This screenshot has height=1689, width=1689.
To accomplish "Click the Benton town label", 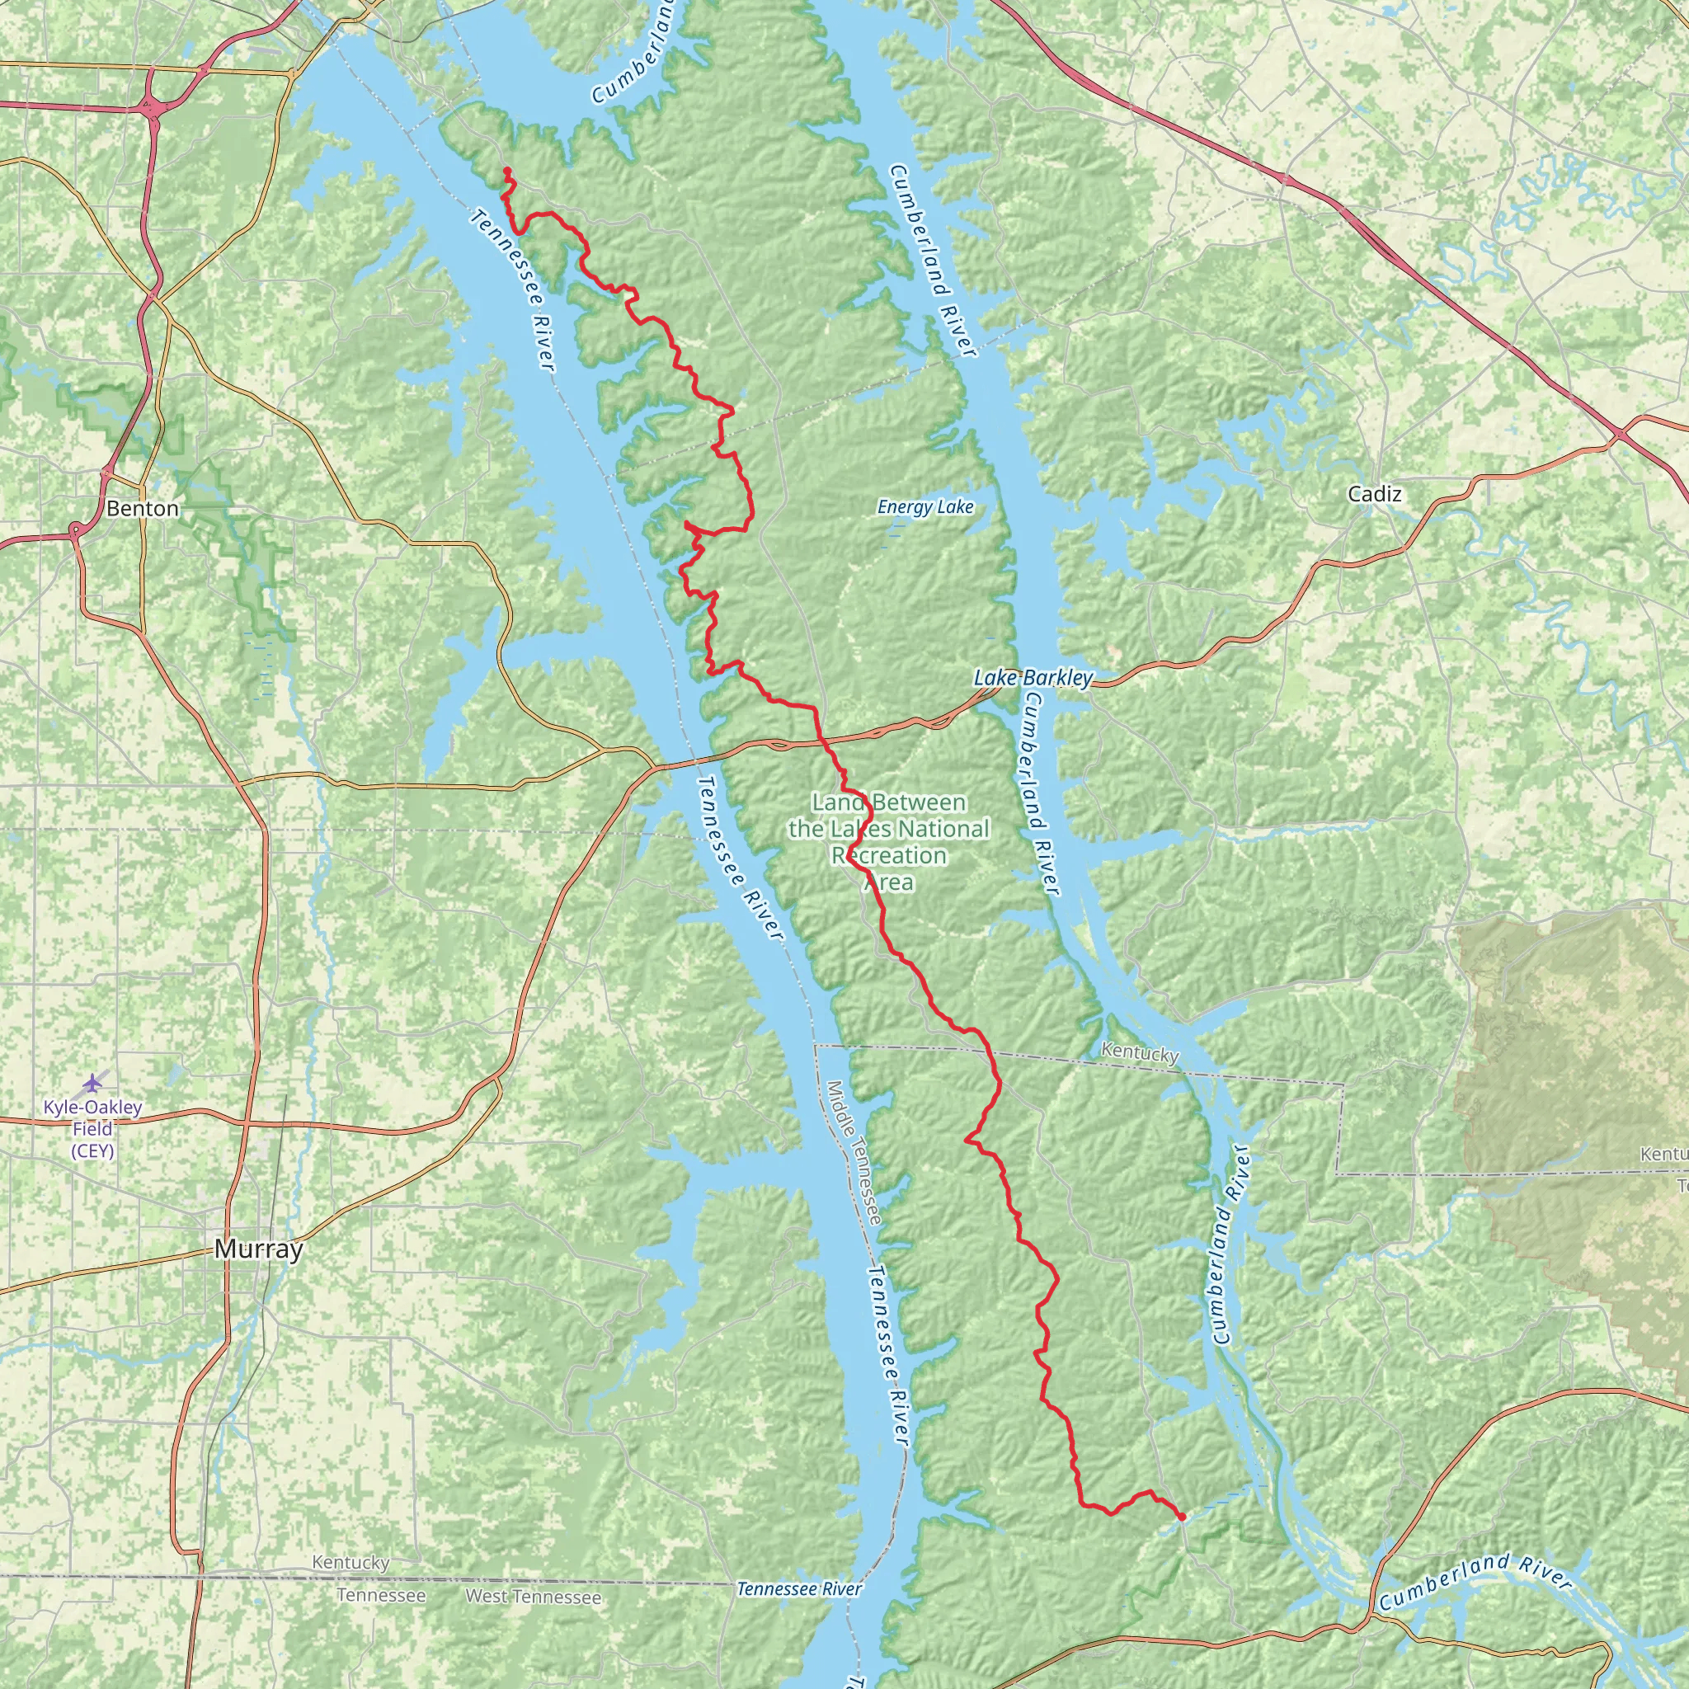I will pos(143,509).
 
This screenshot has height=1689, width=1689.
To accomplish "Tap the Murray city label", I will pos(259,1250).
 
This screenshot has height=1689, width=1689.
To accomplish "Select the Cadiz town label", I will pos(1374,495).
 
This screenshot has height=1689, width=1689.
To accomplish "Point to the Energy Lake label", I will pos(925,508).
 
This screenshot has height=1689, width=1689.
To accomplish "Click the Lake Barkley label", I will pos(1033,679).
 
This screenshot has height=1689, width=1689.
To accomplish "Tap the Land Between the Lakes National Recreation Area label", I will pos(889,842).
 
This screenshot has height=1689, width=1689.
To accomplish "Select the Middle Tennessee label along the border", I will pos(854,1153).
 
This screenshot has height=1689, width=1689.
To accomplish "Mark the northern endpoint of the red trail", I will pos(507,171).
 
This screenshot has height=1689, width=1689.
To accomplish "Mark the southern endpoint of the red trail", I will pos(1181,1517).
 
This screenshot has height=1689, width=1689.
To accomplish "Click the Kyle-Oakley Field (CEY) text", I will pos(92,1129).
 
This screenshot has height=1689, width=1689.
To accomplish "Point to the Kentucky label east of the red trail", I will pos(1140,1052).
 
